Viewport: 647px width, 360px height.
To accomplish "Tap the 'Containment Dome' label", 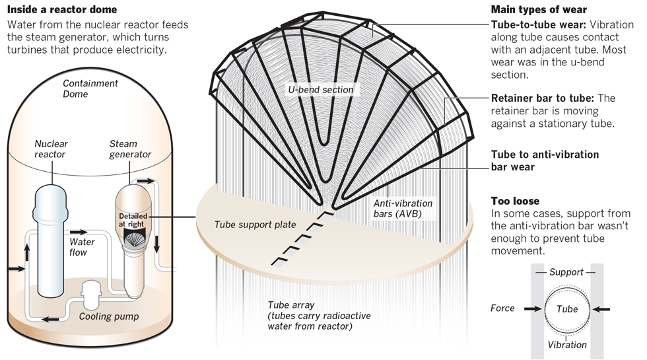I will [90, 89].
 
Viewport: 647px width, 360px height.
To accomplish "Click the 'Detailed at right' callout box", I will [133, 220].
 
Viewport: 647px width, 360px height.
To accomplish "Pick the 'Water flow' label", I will [82, 246].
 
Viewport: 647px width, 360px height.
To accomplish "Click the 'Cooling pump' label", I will [108, 316].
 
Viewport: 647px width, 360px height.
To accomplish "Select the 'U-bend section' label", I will [320, 89].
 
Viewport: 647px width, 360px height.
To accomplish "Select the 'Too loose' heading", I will [515, 200].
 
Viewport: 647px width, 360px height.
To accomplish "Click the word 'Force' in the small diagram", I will [502, 308].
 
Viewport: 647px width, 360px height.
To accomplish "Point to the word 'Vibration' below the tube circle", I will [567, 344].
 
